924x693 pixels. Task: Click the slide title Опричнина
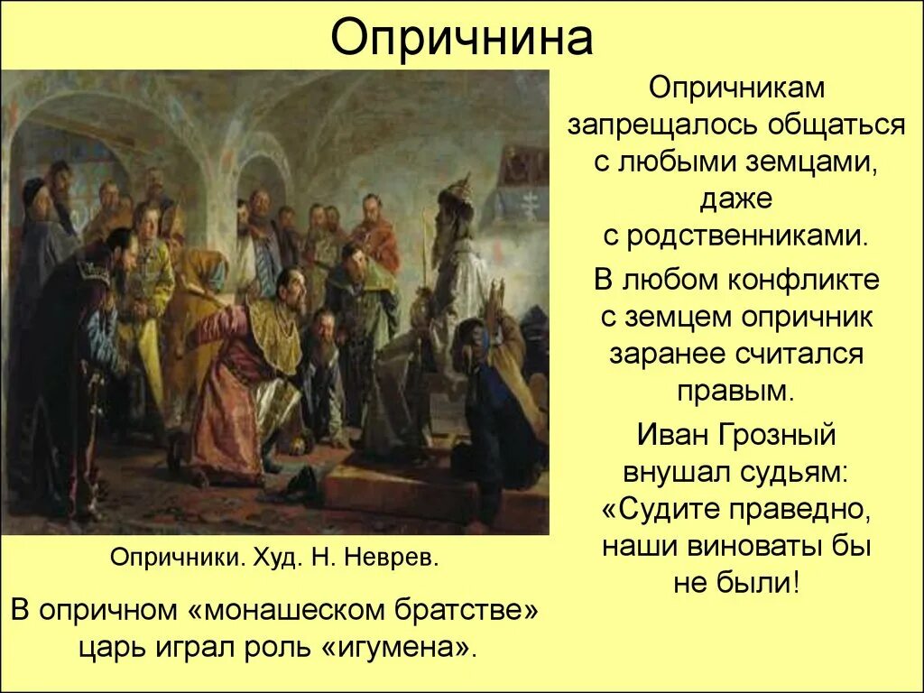(461, 37)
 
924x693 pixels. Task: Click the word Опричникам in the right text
(736, 88)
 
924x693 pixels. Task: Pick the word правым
(735, 392)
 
